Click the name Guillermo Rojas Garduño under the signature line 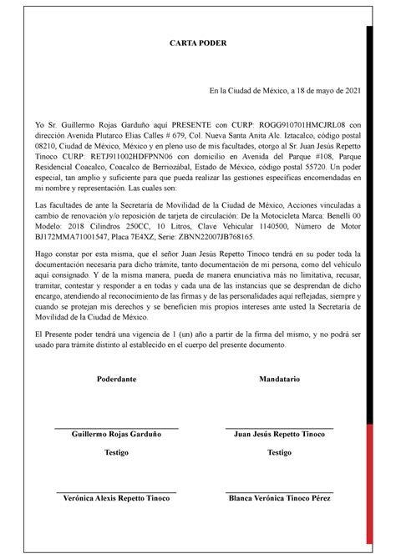tap(117, 435)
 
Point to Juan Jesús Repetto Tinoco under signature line tap(279, 435)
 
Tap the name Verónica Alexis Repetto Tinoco tap(117, 498)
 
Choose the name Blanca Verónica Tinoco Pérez tap(279, 498)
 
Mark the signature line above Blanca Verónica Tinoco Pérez tap(279, 491)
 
